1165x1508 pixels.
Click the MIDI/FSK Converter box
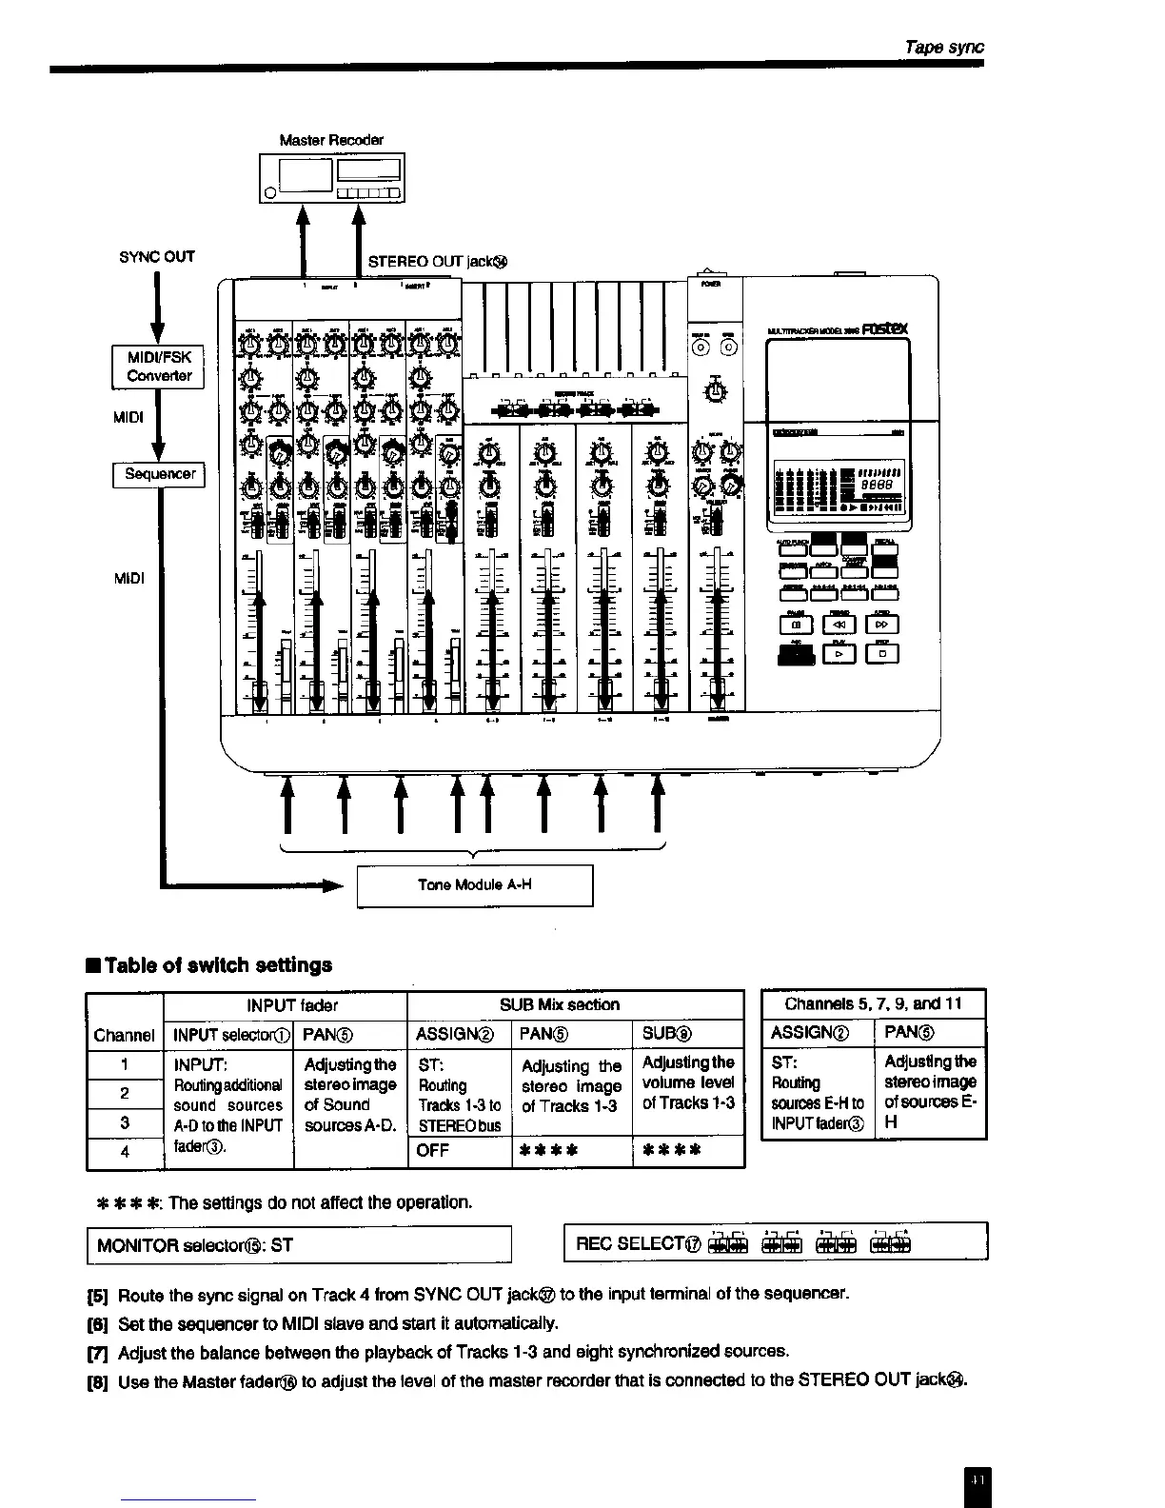click(159, 367)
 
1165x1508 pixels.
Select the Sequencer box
click(159, 474)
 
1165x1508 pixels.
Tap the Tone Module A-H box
click(474, 885)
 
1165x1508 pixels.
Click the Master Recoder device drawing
click(331, 178)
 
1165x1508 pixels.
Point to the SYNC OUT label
click(156, 257)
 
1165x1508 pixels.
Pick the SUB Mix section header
click(559, 1005)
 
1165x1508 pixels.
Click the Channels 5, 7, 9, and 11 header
click(874, 1003)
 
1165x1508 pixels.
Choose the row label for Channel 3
click(125, 1122)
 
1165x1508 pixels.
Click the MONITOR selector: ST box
click(300, 1245)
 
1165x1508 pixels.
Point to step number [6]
click(99, 1323)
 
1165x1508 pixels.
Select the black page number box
click(977, 1481)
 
